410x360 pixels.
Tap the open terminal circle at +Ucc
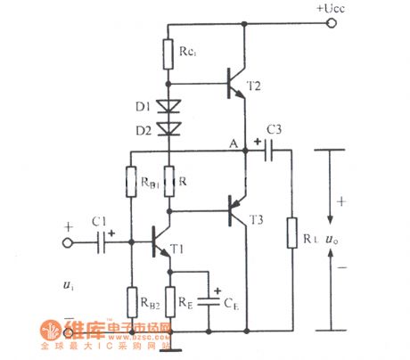click(332, 24)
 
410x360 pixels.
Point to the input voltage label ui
click(70, 285)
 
